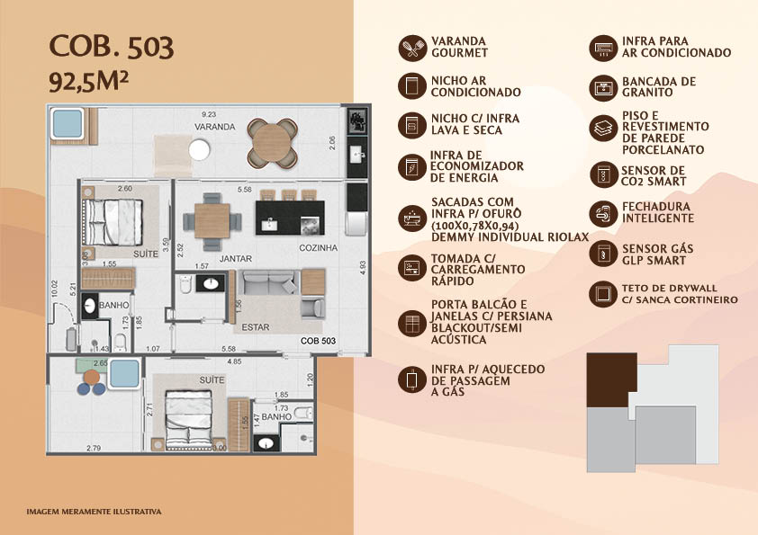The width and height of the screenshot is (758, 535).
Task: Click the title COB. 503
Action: pyautogui.click(x=112, y=47)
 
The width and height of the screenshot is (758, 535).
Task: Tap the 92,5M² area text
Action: pyautogui.click(x=88, y=82)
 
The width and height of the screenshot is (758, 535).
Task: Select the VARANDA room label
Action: pyautogui.click(x=214, y=127)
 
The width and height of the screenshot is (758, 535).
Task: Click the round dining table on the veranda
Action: pyautogui.click(x=272, y=143)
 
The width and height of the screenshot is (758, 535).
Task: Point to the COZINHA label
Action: pyautogui.click(x=318, y=247)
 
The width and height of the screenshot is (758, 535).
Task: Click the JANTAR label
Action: pyautogui.click(x=236, y=259)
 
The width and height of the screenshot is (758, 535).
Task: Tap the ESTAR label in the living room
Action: pyautogui.click(x=256, y=327)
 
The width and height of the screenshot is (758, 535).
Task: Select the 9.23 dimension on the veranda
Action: pyautogui.click(x=209, y=114)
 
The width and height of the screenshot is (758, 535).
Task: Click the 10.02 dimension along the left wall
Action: pyautogui.click(x=54, y=289)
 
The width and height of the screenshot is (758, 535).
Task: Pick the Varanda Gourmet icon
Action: pyautogui.click(x=412, y=48)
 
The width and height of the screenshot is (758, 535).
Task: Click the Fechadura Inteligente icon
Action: pyautogui.click(x=603, y=213)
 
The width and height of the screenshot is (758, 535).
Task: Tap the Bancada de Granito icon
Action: pyautogui.click(x=603, y=88)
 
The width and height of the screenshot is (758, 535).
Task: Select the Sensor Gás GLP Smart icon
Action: pyautogui.click(x=603, y=254)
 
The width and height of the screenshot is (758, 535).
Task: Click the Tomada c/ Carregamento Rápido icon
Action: pyautogui.click(x=412, y=268)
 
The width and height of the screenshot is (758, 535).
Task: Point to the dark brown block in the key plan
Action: pyautogui.click(x=611, y=380)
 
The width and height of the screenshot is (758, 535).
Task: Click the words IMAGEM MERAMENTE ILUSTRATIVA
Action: pyautogui.click(x=94, y=512)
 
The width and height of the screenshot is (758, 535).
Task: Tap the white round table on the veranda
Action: pyautogui.click(x=199, y=149)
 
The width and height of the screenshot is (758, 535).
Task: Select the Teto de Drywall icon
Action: pyautogui.click(x=603, y=294)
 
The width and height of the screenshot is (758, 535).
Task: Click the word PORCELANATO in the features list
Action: pyautogui.click(x=663, y=150)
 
